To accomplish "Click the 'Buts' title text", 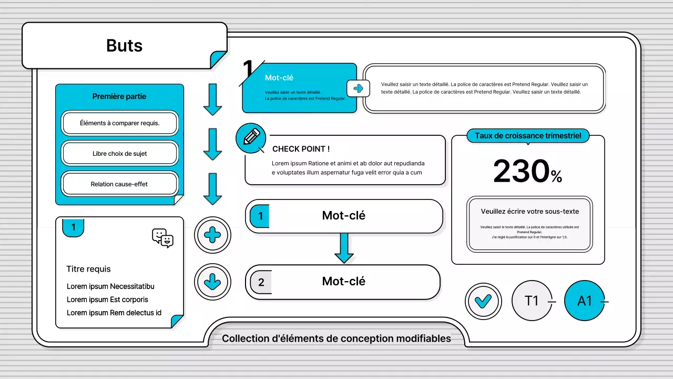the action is [x=124, y=46].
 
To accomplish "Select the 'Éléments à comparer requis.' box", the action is [x=120, y=123].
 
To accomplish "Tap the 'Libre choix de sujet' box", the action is [x=120, y=154].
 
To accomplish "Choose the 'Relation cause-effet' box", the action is [x=120, y=184].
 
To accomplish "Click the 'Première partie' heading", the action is [x=119, y=96].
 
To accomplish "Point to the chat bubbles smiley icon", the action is [x=162, y=238].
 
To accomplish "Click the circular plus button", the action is [x=212, y=235].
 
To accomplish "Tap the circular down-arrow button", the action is [x=212, y=282].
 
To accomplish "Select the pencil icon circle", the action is [x=251, y=138].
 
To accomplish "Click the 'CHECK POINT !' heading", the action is [x=301, y=149].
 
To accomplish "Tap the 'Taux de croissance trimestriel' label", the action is [x=528, y=136].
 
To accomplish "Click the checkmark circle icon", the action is [x=483, y=301].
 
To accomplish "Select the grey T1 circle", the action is [x=532, y=301].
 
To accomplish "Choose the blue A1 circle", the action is [x=585, y=301].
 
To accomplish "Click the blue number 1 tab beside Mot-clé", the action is [x=260, y=216].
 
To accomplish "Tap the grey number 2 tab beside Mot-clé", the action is [x=261, y=283].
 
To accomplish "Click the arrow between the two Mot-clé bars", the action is [x=344, y=247].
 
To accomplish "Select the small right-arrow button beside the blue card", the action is [x=358, y=88].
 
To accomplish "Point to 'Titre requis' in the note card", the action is [x=88, y=269].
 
